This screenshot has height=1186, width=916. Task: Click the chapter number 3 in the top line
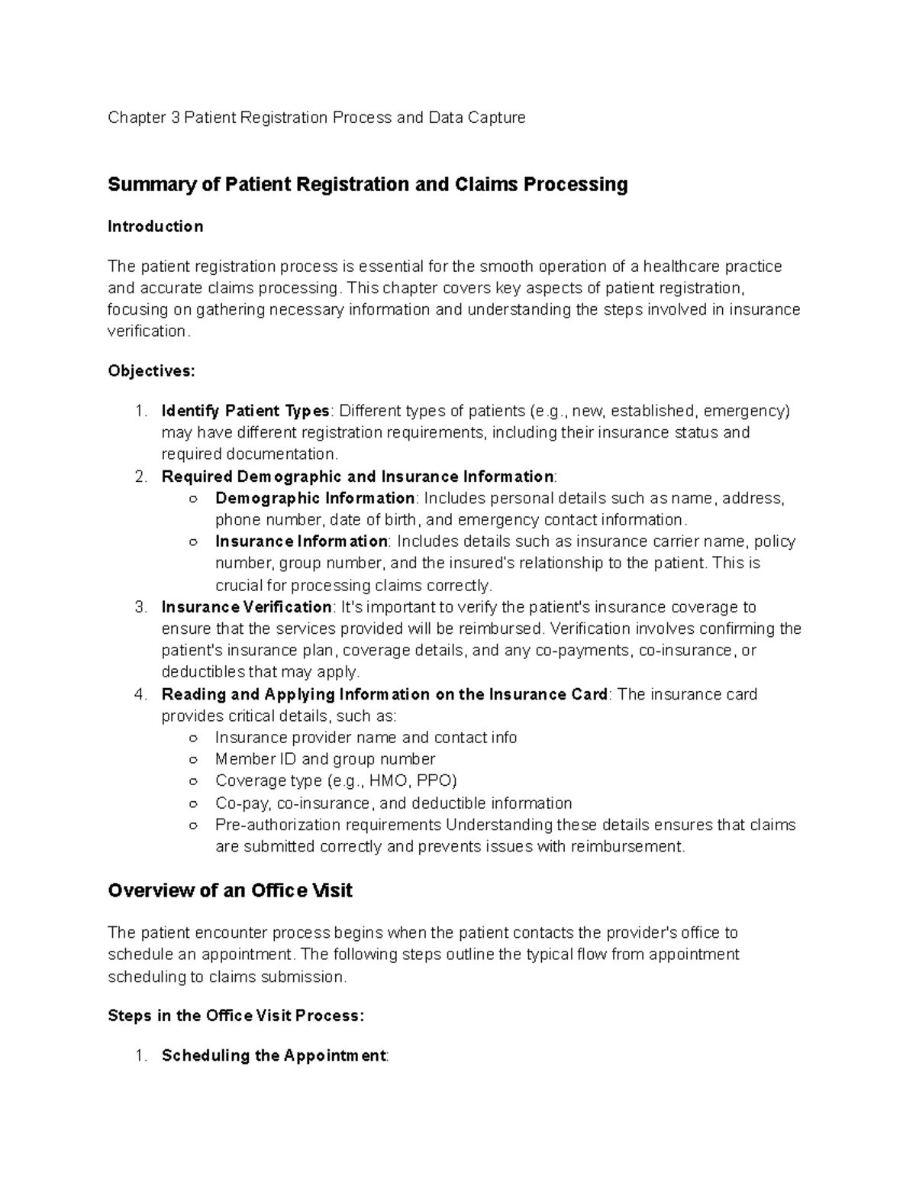[x=173, y=118]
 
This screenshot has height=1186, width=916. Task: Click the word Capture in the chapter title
[x=497, y=118]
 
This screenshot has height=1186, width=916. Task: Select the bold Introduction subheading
[x=155, y=227]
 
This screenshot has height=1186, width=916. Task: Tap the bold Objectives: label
[x=151, y=371]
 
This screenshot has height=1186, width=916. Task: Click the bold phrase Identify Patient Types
[x=245, y=411]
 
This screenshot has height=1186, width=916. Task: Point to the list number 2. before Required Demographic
[x=140, y=477]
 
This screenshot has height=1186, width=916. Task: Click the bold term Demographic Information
[x=314, y=499]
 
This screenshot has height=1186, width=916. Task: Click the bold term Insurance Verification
[x=247, y=607]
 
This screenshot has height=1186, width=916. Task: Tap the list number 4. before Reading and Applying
[x=140, y=695]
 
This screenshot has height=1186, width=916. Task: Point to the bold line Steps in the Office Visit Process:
[x=236, y=1016]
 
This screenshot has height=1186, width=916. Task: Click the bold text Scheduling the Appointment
[x=274, y=1056]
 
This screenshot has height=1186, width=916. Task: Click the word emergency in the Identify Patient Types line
[x=746, y=411]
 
